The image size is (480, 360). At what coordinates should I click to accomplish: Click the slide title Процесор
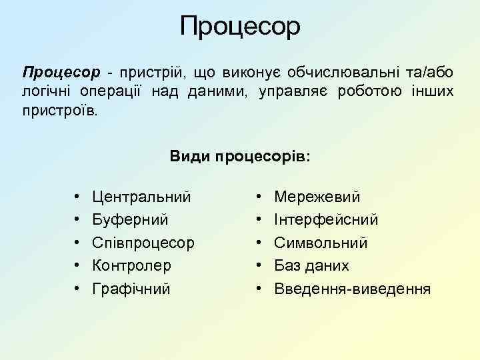tap(240, 27)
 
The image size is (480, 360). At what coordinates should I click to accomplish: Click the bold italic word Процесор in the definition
tap(61, 71)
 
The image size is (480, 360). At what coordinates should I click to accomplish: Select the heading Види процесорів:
tap(240, 156)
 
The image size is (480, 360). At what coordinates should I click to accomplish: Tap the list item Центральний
tap(142, 197)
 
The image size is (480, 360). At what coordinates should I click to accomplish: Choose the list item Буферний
tap(131, 219)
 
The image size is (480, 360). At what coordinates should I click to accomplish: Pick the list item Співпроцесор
tap(143, 243)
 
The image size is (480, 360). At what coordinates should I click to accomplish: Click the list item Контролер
tap(132, 265)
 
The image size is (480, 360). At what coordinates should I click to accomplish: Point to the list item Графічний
tap(132, 289)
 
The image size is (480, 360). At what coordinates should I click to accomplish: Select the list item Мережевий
tap(317, 197)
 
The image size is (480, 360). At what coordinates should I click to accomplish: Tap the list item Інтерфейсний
tap(327, 219)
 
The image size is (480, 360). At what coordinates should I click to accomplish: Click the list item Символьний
tap(321, 243)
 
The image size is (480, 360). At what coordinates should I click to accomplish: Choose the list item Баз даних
tap(311, 265)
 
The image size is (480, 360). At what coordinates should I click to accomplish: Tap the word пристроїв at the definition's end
tap(59, 110)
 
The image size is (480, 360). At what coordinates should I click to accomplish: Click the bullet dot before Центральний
tap(78, 197)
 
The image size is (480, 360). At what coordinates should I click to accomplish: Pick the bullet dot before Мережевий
tap(259, 197)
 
